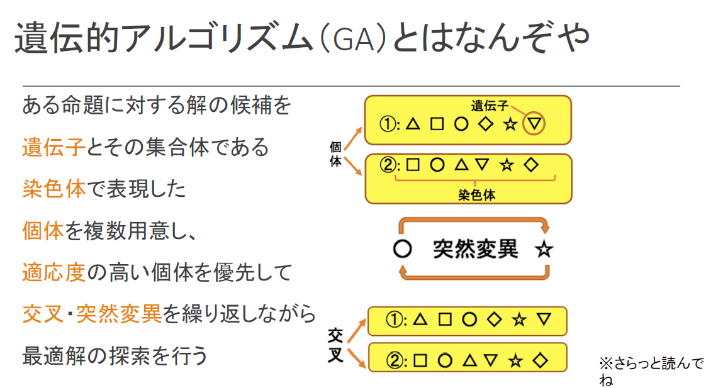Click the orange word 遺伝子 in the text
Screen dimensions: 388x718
[x=53, y=147]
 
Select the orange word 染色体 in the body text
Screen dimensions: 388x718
[x=53, y=189]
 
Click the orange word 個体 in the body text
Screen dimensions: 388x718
[x=43, y=230]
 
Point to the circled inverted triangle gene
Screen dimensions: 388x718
[x=534, y=124]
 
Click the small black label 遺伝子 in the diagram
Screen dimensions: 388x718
[x=490, y=104]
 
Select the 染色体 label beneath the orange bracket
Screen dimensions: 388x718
[x=476, y=195]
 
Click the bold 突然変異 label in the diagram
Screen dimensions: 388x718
[x=475, y=249]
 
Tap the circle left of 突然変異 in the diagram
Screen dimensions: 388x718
[x=402, y=250]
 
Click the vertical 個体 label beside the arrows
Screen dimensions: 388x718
[x=336, y=154]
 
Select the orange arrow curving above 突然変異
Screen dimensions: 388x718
[x=473, y=221]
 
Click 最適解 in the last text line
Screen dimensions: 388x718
[x=53, y=355]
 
